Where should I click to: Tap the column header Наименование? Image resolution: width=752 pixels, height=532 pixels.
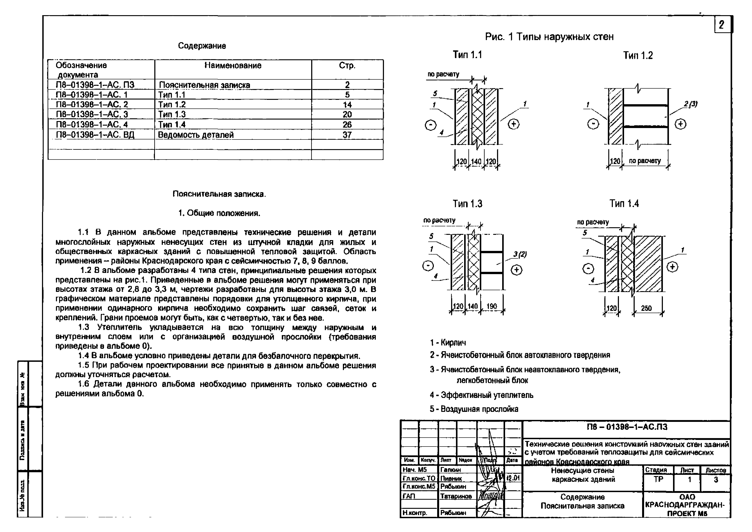233,66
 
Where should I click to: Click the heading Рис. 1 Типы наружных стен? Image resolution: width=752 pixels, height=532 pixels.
549,37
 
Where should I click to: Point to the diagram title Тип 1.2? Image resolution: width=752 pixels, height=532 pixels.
638,55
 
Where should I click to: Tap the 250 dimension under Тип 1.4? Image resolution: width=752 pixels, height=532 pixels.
646,308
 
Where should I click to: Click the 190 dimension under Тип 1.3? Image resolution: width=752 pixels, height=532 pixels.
492,306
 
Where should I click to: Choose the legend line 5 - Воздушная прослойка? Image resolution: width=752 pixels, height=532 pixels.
474,409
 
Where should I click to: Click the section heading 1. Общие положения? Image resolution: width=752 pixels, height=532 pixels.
219,213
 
